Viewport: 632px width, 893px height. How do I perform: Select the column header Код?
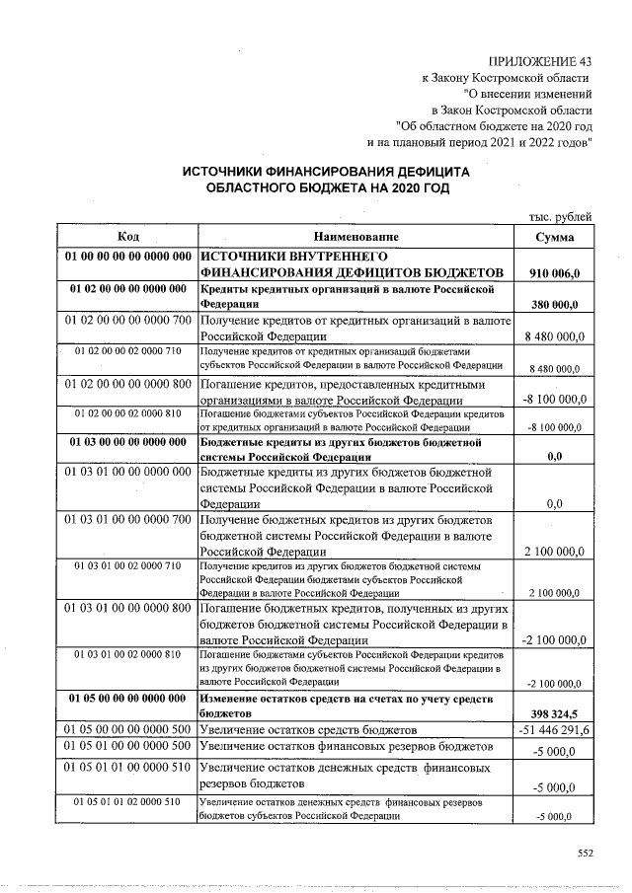(127, 237)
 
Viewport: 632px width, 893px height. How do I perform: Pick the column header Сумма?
(555, 237)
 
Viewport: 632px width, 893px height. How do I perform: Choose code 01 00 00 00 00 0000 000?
(127, 256)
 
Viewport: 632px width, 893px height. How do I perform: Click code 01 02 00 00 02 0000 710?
(127, 351)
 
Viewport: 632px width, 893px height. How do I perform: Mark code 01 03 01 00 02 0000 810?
(127, 654)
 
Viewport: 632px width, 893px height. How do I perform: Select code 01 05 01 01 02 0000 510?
(127, 802)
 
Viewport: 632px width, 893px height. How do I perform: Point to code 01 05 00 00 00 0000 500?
(127, 729)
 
